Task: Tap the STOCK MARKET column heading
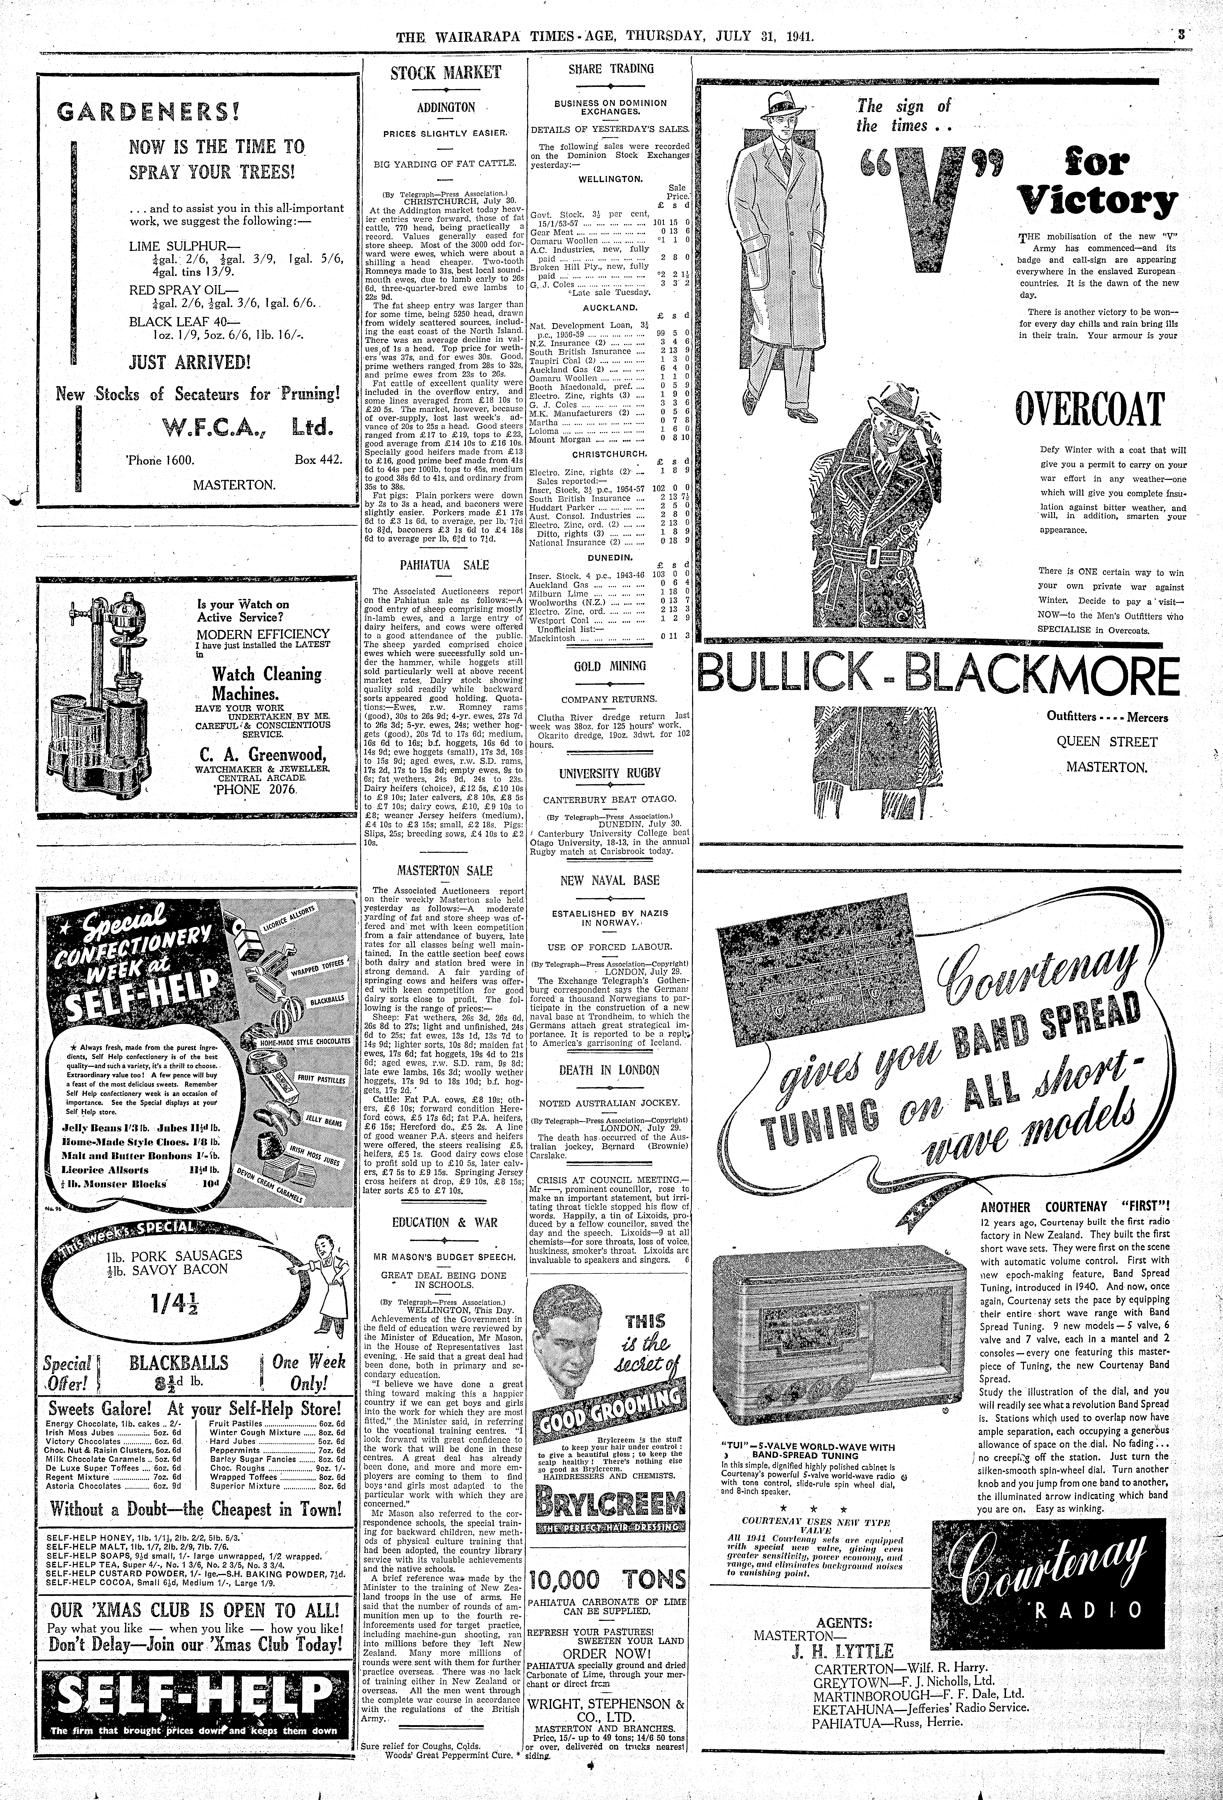pos(445,74)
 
